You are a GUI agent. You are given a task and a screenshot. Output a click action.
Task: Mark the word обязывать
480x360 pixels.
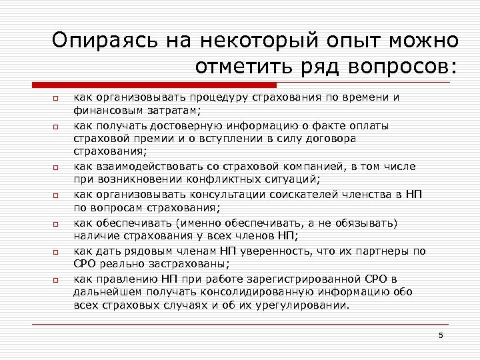click(364, 223)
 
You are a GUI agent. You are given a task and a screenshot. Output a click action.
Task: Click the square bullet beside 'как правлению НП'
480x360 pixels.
click(57, 280)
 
